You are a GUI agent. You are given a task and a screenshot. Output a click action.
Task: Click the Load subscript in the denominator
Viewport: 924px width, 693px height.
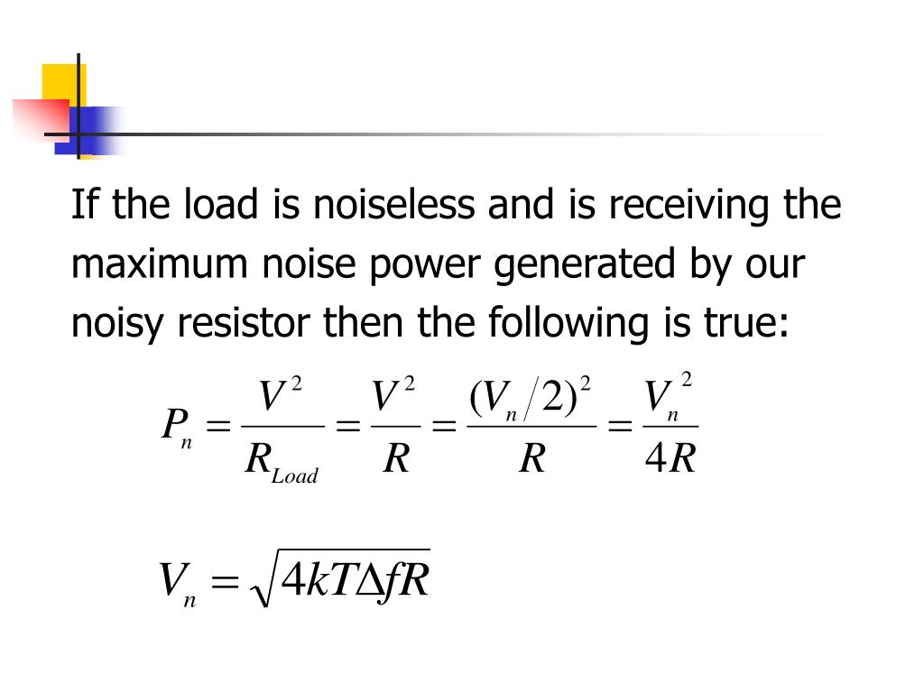296,476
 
